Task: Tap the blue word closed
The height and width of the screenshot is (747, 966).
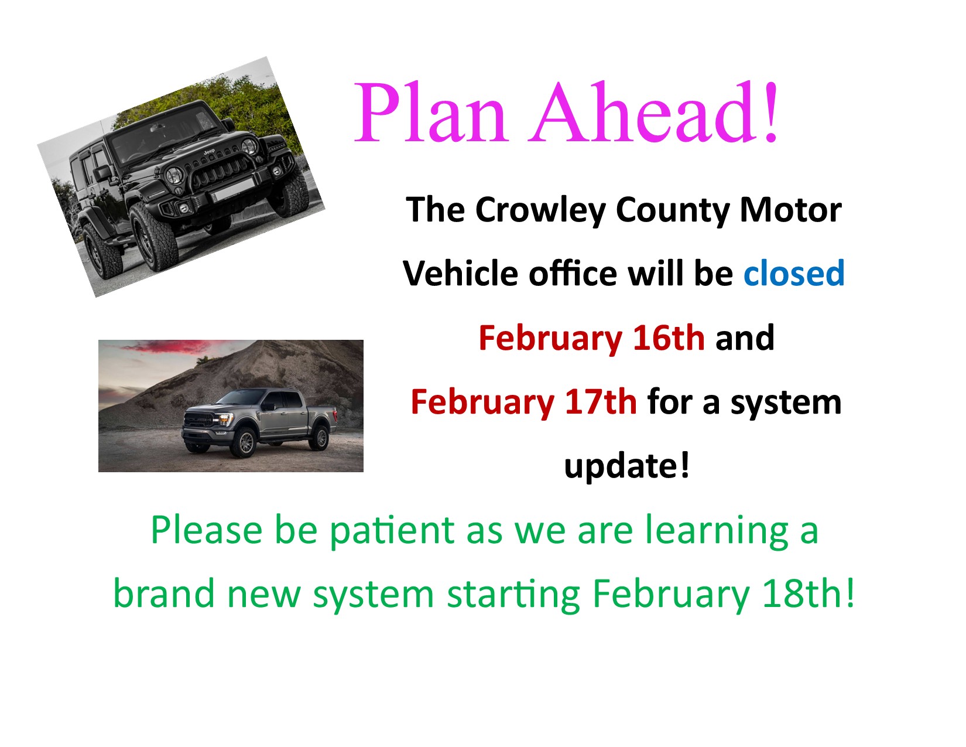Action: click(794, 274)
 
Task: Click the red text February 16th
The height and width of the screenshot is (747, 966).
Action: click(591, 338)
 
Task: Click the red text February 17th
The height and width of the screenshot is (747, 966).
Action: click(523, 402)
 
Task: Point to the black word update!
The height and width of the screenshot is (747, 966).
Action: click(626, 466)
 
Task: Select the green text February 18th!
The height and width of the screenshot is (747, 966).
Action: click(723, 593)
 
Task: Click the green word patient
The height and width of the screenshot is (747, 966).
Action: click(392, 530)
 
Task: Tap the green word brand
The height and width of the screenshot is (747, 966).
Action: click(165, 593)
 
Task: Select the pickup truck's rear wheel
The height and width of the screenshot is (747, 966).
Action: click(320, 436)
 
